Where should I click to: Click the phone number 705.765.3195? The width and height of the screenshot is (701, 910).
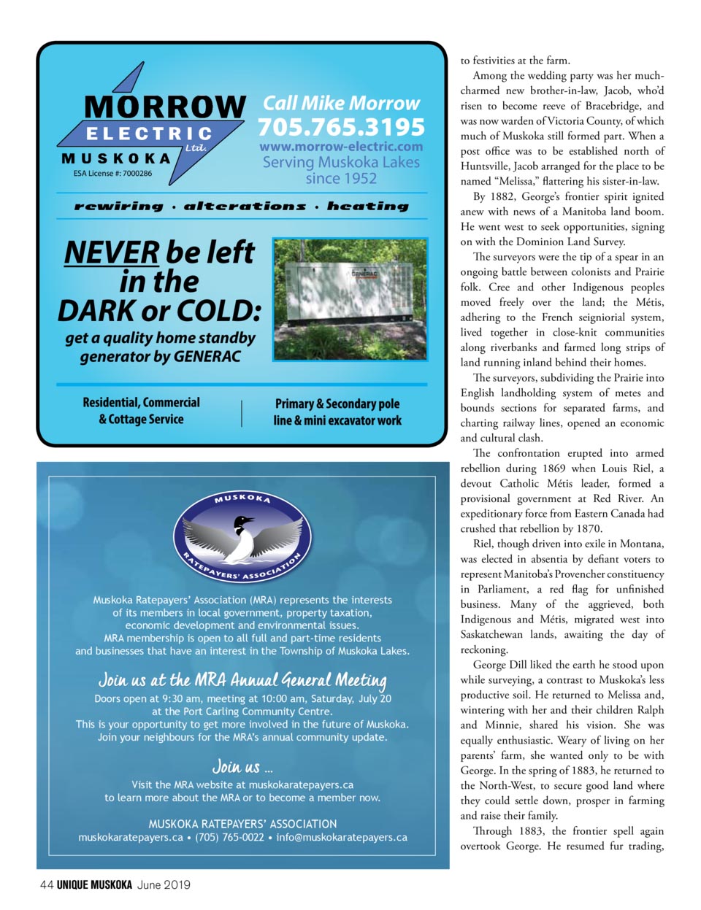(341, 127)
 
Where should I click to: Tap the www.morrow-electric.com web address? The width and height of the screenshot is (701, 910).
(341, 147)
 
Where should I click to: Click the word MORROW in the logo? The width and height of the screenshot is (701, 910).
(165, 107)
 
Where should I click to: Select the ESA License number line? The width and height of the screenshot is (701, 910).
(112, 174)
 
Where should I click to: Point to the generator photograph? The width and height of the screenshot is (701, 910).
(350, 298)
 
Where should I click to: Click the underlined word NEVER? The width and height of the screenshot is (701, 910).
(111, 252)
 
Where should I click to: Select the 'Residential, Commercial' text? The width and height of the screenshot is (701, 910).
(141, 403)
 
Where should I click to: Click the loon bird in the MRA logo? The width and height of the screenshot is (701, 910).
(242, 540)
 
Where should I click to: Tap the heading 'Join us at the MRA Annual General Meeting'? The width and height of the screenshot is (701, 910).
(242, 680)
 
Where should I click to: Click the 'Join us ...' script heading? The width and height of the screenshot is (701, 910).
(242, 766)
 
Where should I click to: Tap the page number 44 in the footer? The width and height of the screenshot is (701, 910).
(46, 884)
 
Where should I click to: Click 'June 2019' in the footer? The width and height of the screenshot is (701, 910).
(164, 884)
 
